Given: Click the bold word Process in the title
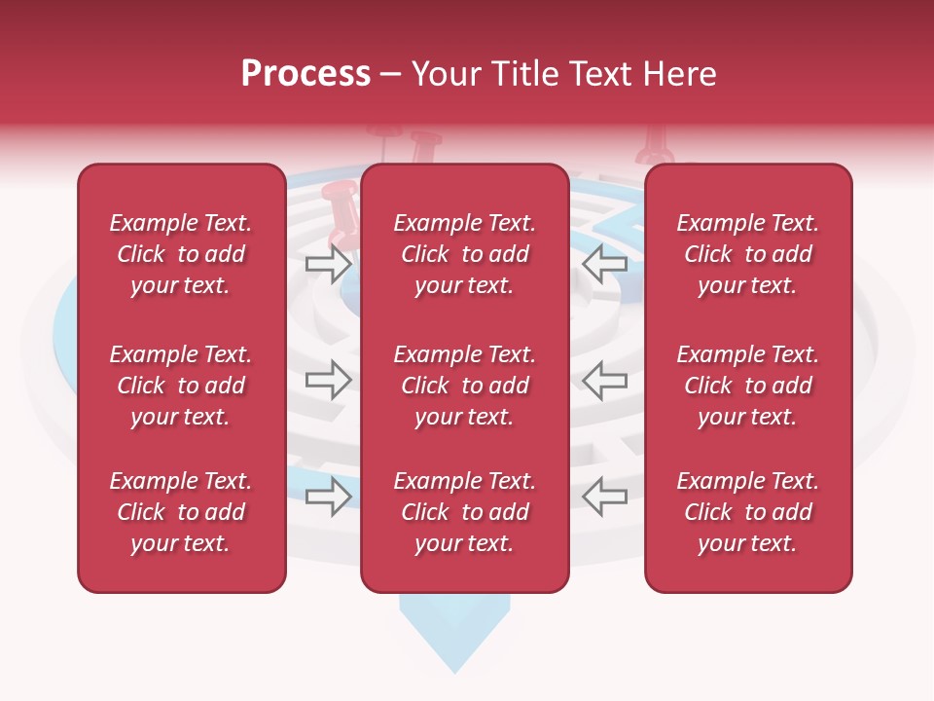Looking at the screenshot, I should (305, 74).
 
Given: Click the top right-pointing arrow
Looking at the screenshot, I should (328, 263).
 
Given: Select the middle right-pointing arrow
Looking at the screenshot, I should (328, 380).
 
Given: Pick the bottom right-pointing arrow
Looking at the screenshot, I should (328, 497).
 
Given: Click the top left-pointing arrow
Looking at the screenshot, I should (605, 263).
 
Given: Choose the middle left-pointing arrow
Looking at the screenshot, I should (605, 380).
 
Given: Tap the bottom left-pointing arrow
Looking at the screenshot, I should (605, 497).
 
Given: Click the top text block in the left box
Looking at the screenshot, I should (181, 254).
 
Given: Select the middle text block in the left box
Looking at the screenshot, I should (181, 386).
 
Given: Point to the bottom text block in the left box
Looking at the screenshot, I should (181, 512).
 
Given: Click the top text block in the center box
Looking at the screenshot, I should (464, 254).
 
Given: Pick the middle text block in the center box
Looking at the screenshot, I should (464, 386).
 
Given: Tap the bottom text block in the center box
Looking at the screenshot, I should (464, 512).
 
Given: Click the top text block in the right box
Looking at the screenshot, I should (747, 254).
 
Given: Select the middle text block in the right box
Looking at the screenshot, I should (747, 386).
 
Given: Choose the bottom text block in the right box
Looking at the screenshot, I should (747, 512).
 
